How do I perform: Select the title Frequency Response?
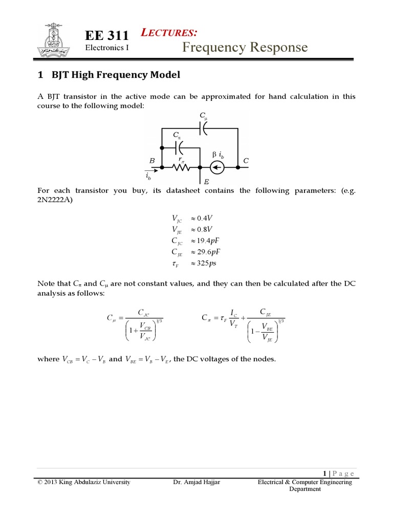[x=245, y=48]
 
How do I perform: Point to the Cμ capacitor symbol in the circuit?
[x=204, y=128]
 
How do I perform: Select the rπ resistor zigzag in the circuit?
[x=181, y=167]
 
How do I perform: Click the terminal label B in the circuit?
[x=152, y=161]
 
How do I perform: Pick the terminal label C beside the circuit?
[x=246, y=161]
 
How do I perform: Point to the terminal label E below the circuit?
[x=206, y=181]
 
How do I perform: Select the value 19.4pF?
[x=212, y=241]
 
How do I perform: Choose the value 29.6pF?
[x=212, y=252]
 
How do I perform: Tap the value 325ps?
[x=210, y=264]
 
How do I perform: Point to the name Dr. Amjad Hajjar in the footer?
[x=197, y=482]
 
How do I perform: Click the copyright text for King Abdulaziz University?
[x=84, y=482]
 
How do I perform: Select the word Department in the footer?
[x=305, y=489]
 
